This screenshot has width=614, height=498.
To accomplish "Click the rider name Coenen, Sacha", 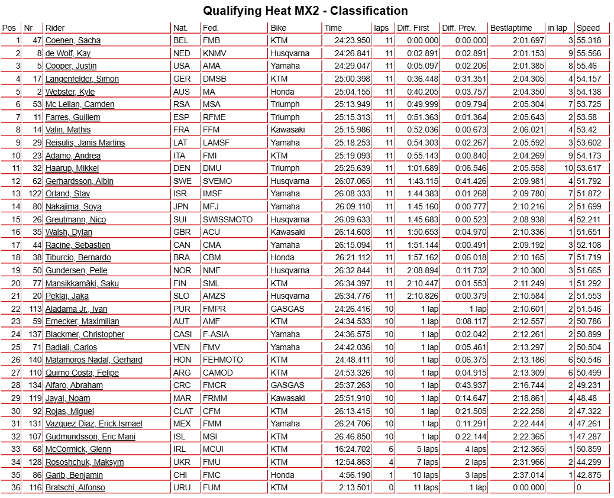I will point(73,40).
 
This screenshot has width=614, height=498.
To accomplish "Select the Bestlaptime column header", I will point(511,28).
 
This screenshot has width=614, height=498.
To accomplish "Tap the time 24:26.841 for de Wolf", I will point(353,53).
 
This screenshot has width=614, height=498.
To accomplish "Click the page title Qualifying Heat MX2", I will point(305,11).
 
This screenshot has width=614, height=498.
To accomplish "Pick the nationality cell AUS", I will point(182,92).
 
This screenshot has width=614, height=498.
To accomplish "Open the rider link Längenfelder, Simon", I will point(82,79).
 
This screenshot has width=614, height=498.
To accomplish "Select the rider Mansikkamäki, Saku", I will point(82,283).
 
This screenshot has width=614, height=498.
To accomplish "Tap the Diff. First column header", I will point(413,28).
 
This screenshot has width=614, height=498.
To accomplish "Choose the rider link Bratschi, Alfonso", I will point(75,487).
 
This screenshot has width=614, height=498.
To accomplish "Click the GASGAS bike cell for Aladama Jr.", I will point(287,309).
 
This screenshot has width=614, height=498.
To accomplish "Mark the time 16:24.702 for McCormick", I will point(353,449).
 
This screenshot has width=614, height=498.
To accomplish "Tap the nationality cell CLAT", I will point(183,411).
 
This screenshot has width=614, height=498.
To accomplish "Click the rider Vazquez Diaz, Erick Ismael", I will point(93,423).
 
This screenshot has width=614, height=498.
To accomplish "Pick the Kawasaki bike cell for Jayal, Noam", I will point(287,398).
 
